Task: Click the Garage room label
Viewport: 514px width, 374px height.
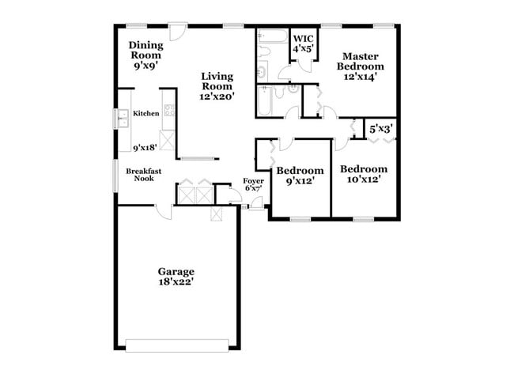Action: (176, 270)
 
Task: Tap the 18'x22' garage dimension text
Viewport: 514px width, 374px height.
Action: (176, 281)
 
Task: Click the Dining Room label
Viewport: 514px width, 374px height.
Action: (146, 51)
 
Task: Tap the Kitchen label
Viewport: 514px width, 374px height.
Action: (146, 114)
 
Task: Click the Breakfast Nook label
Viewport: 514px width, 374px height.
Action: (143, 174)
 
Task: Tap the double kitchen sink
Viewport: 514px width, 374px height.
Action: (123, 119)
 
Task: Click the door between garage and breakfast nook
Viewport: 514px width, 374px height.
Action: (163, 210)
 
